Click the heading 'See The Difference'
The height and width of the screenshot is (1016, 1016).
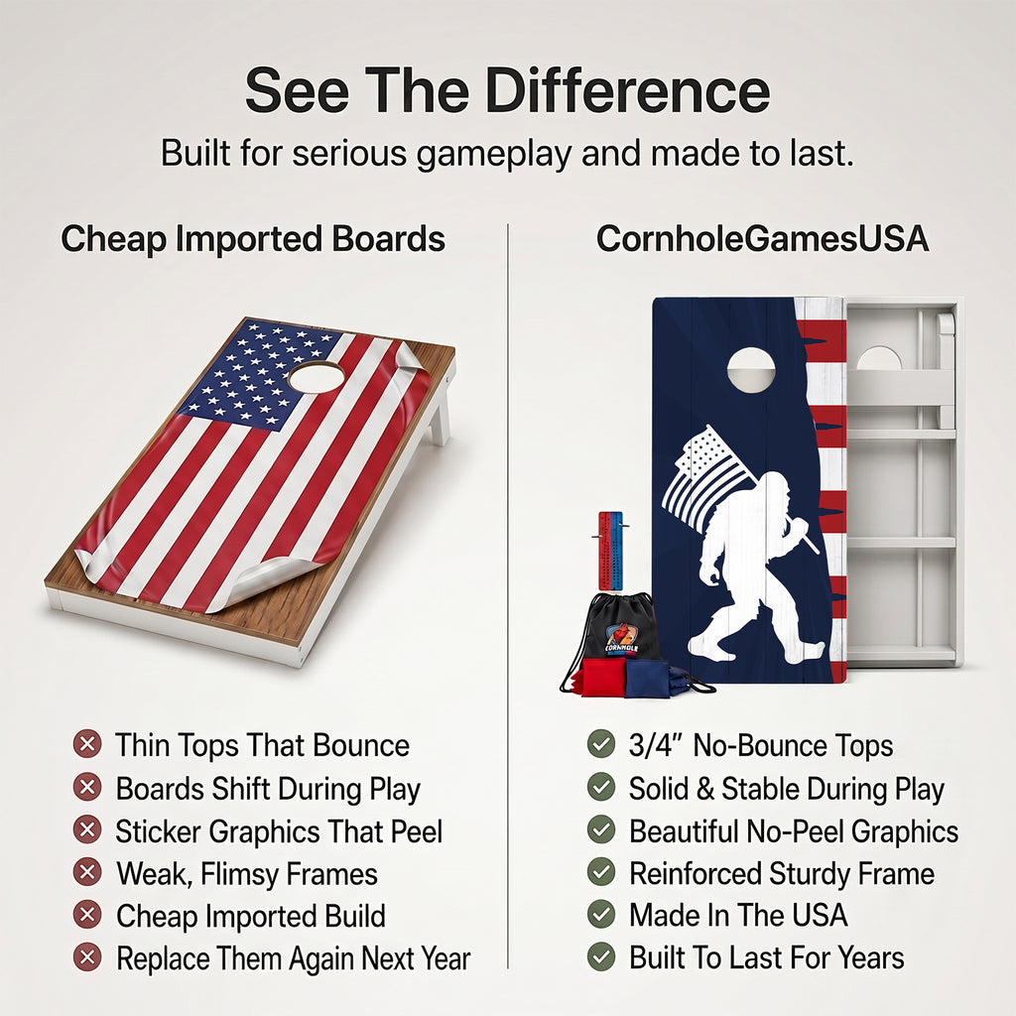pyautogui.click(x=507, y=90)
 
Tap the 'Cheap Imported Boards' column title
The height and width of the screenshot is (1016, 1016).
pyautogui.click(x=253, y=239)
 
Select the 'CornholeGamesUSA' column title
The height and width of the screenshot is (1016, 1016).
pyautogui.click(x=762, y=238)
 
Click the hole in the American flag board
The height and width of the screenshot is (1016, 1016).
pyautogui.click(x=317, y=377)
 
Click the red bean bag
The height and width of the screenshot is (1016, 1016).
pyautogui.click(x=599, y=677)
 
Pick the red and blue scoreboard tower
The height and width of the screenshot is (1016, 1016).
pyautogui.click(x=610, y=551)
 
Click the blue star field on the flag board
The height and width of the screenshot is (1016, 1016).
pyautogui.click(x=259, y=376)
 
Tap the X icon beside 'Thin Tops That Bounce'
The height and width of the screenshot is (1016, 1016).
pyautogui.click(x=87, y=744)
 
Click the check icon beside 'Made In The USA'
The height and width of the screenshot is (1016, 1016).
pyautogui.click(x=601, y=914)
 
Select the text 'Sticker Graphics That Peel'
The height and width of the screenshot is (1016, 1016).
pyautogui.click(x=279, y=832)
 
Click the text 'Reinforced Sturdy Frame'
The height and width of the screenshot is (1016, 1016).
pyautogui.click(x=782, y=873)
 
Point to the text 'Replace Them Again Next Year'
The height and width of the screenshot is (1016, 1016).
pyautogui.click(x=294, y=958)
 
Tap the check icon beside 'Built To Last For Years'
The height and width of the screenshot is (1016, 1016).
pyautogui.click(x=601, y=956)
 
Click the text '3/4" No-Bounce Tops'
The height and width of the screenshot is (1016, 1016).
pyautogui.click(x=761, y=745)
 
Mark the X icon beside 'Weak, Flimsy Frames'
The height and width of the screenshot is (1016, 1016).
pyautogui.click(x=87, y=872)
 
